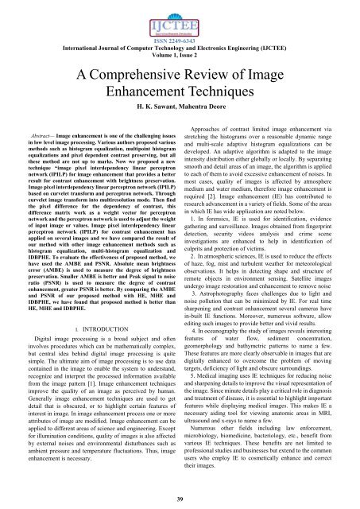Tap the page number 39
[180, 498]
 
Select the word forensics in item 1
[223, 236]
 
